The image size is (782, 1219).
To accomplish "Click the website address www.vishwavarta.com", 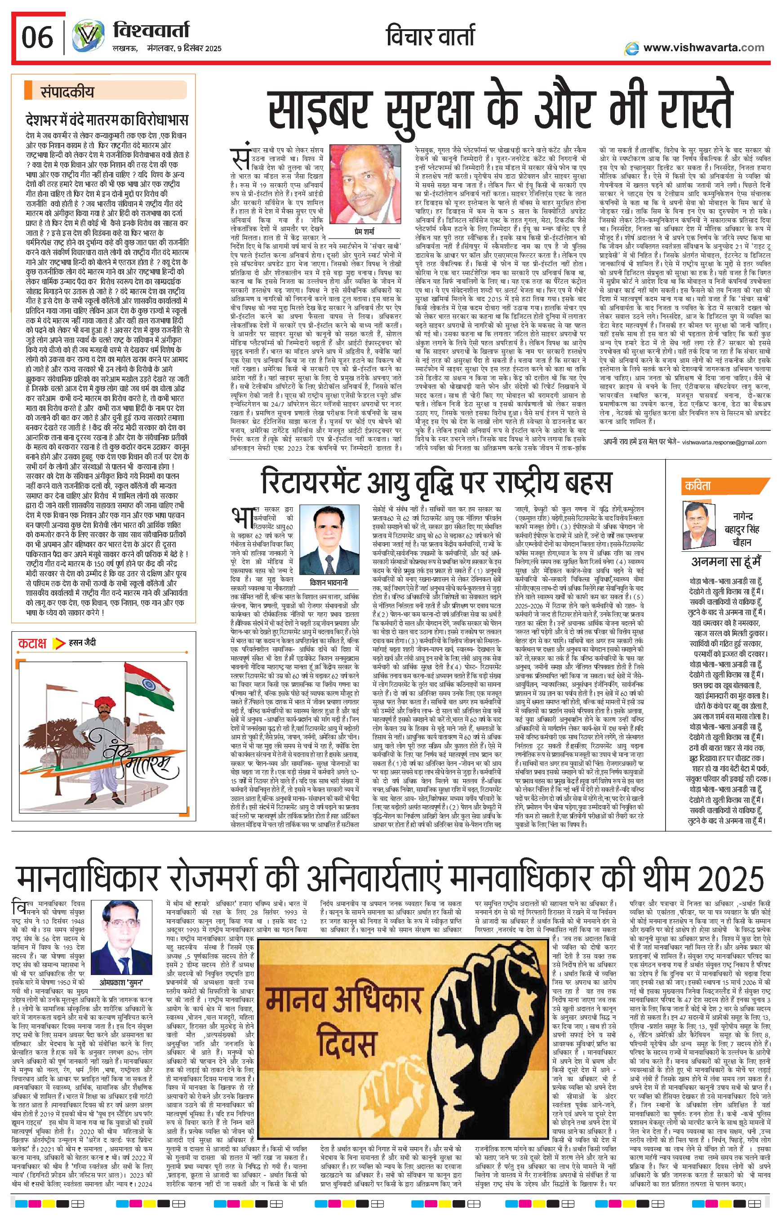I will point(703,47).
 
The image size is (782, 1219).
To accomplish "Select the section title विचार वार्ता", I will point(429,36).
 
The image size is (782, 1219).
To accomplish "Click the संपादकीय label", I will point(67,93).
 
